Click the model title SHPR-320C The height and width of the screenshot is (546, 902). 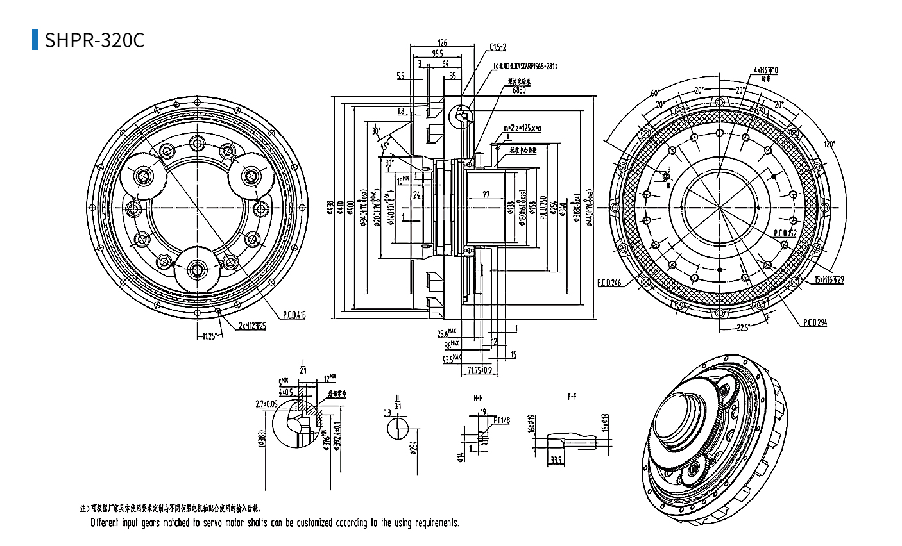click(x=94, y=40)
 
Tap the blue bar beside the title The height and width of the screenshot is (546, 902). click(x=35, y=40)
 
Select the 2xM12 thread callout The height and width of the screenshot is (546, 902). click(x=252, y=326)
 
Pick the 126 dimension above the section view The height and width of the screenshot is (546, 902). click(x=442, y=43)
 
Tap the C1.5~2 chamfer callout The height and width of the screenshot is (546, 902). click(x=498, y=47)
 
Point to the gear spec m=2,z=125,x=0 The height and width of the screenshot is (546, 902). click(x=522, y=128)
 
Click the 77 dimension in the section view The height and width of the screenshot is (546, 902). click(x=486, y=195)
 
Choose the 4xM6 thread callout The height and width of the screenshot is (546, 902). click(x=765, y=70)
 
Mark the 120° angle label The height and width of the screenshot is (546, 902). click(x=830, y=145)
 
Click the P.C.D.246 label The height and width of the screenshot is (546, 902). click(x=609, y=282)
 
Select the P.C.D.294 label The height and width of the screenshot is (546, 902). click(x=815, y=323)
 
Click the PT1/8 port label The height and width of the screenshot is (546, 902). click(x=501, y=420)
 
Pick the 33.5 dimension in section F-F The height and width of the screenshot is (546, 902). click(x=556, y=459)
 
